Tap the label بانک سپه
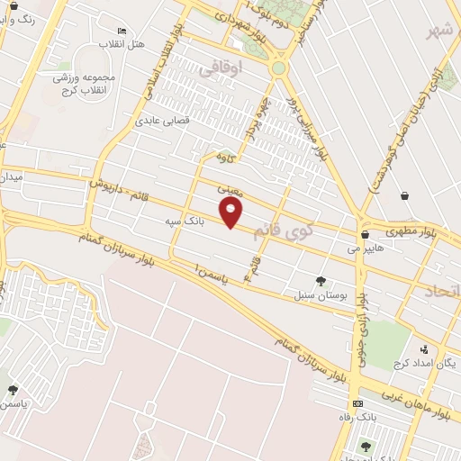pos(185,219)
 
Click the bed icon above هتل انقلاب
pos(122,32)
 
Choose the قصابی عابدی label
pos(161,119)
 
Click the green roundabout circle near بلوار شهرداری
pos(278,68)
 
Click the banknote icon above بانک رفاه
pos(357,403)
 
